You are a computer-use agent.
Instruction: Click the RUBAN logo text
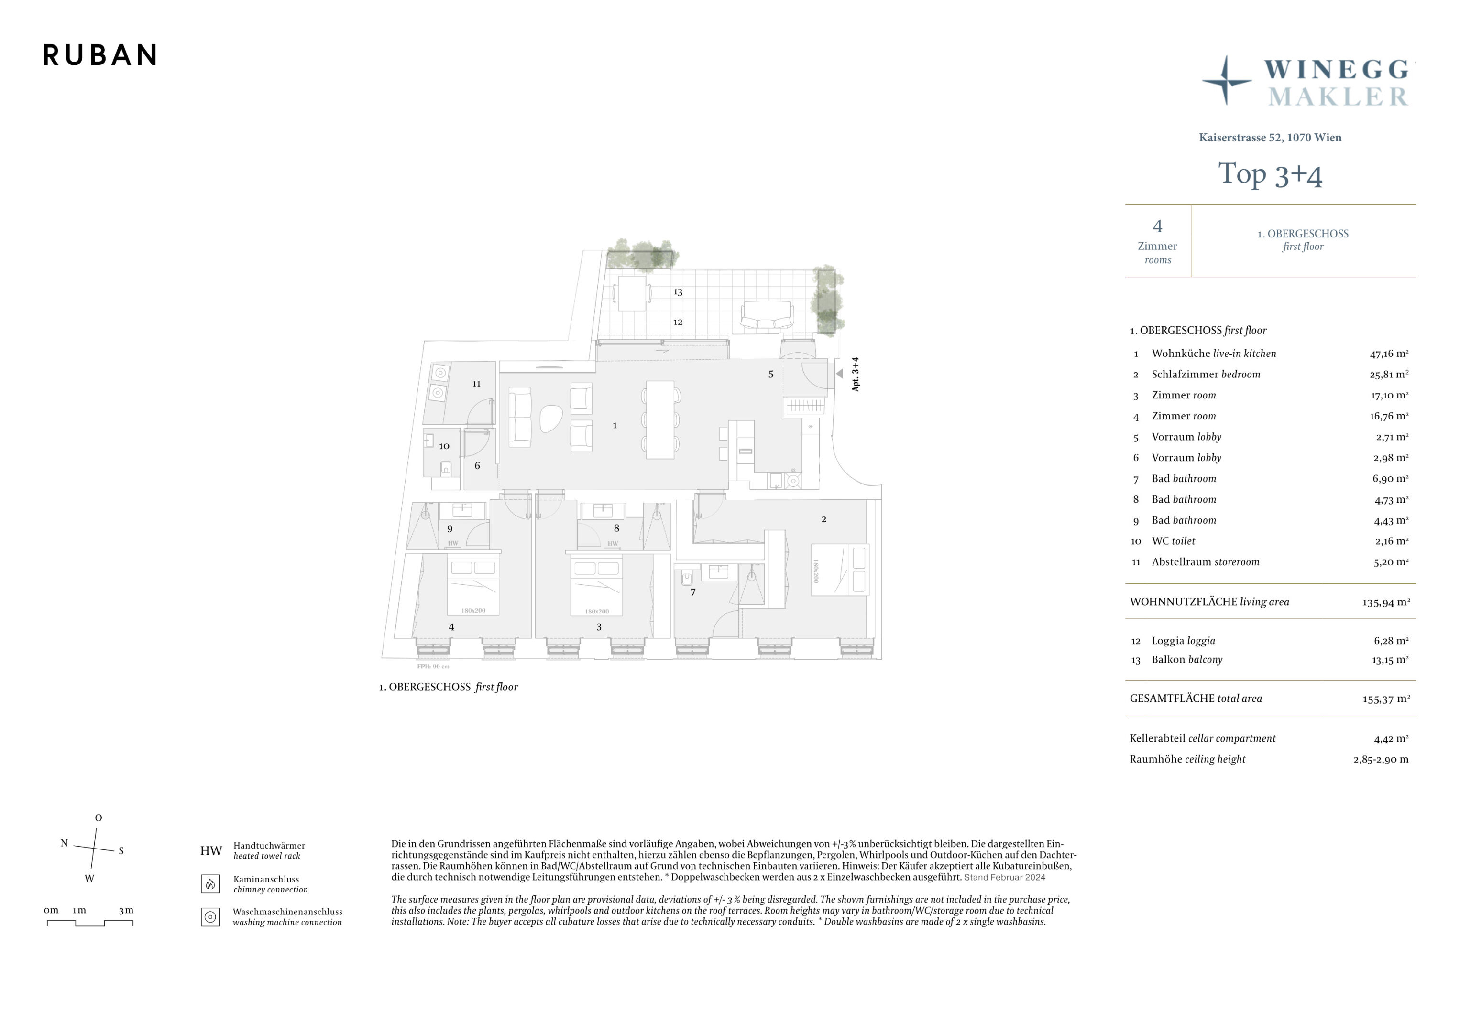100,55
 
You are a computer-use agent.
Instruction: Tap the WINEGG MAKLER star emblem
1227,81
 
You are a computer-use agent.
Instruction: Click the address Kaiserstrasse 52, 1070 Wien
1270,137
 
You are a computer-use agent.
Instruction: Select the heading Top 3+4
1270,174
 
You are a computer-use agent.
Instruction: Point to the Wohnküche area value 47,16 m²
1389,354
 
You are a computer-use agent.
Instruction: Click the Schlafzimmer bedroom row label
1206,374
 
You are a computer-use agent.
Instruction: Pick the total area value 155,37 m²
1386,699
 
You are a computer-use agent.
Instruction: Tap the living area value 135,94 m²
1386,602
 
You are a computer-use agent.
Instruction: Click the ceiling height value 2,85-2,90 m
1381,759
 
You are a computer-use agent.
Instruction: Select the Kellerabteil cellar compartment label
1202,739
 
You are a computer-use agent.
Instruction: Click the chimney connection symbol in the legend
210,884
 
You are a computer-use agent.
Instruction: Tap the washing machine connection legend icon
210,917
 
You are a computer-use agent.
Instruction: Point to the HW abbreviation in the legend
211,851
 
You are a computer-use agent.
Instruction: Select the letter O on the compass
99,818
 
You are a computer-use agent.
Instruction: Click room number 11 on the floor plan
476,384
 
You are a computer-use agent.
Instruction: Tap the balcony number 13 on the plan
678,292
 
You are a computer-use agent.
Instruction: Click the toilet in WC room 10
446,468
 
